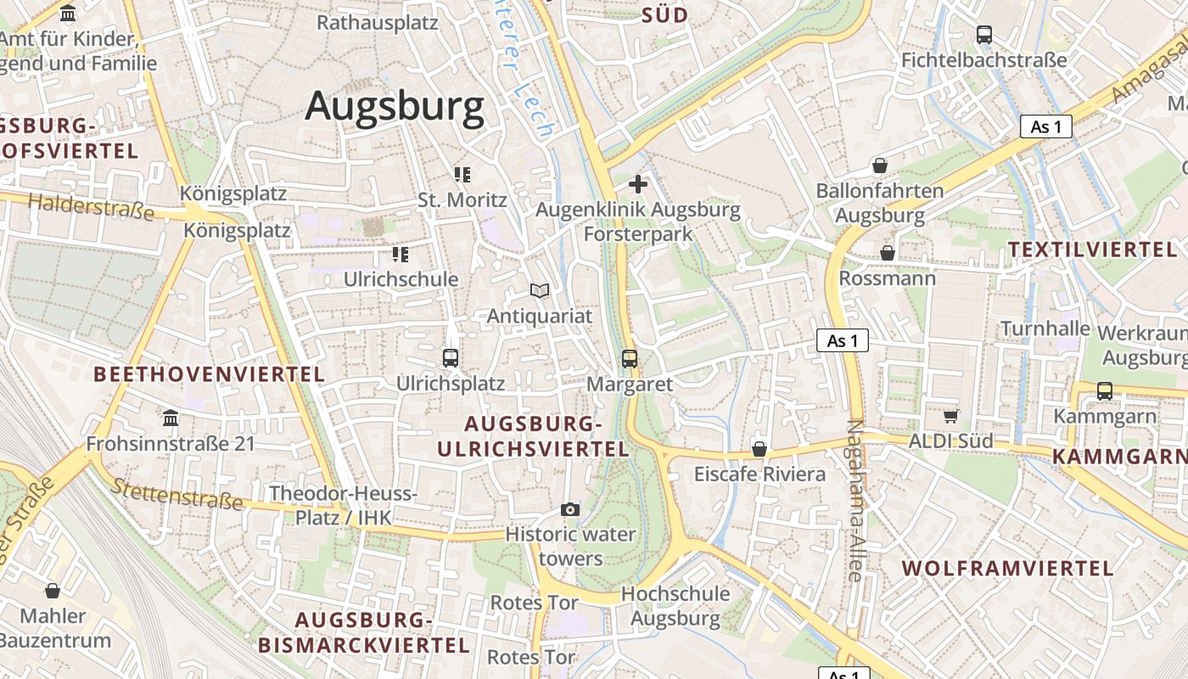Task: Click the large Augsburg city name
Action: [395, 107]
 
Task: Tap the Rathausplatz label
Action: [378, 22]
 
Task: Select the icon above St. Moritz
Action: [462, 175]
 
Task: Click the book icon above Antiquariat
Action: [540, 290]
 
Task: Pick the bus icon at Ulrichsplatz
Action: [451, 358]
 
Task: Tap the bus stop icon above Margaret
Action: [630, 359]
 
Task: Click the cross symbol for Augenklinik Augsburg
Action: [638, 184]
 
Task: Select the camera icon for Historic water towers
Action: [570, 509]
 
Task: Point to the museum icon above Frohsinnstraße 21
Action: [171, 418]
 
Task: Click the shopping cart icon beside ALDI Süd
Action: [951, 416]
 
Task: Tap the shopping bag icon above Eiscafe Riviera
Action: [759, 449]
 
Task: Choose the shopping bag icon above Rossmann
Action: [888, 253]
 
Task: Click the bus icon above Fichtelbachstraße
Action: [984, 35]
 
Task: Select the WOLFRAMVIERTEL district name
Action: [1007, 569]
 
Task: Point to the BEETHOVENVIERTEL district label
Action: [209, 374]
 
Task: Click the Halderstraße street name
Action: [91, 206]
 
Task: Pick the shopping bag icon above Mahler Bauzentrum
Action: [53, 591]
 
